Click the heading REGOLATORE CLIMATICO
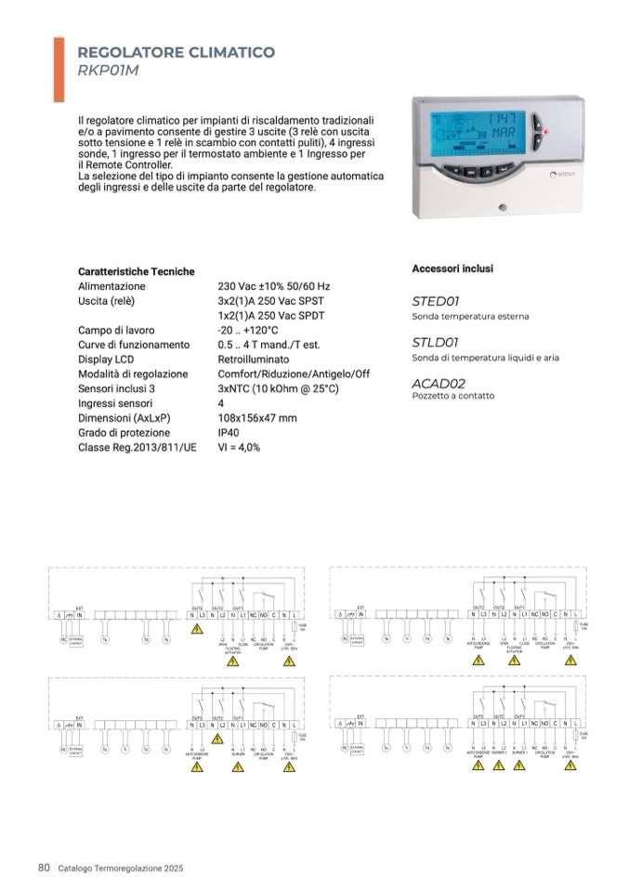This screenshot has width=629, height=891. (176, 53)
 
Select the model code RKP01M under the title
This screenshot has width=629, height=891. (108, 71)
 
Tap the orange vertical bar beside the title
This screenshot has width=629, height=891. (59, 69)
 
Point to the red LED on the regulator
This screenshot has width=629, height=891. (546, 131)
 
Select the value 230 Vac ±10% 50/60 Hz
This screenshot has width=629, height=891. (273, 287)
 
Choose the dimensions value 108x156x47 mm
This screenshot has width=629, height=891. (256, 418)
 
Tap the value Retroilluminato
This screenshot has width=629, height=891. (252, 360)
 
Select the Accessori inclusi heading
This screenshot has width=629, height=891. (452, 269)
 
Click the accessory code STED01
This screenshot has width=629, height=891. (436, 302)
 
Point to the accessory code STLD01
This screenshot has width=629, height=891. (436, 343)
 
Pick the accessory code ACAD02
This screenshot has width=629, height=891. (439, 383)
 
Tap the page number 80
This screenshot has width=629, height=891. (44, 868)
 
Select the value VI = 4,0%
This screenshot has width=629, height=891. (239, 448)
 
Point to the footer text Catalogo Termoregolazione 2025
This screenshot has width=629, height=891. (122, 869)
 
